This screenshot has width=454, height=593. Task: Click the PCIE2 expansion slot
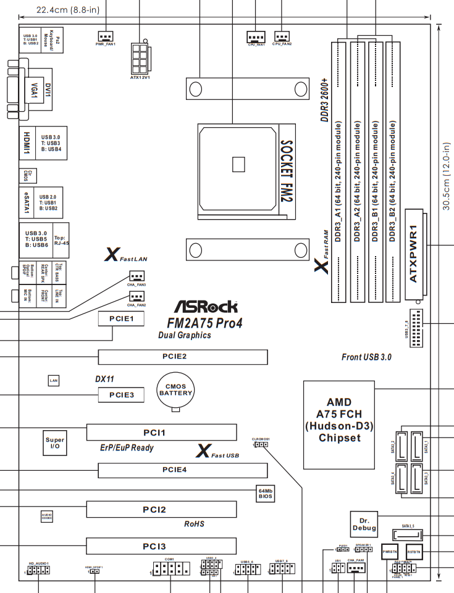pyautogui.click(x=183, y=357)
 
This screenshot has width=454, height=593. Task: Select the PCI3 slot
pyautogui.click(x=161, y=546)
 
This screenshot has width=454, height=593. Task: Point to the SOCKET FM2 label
pyautogui.click(x=285, y=171)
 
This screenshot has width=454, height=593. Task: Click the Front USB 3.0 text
pyautogui.click(x=366, y=357)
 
